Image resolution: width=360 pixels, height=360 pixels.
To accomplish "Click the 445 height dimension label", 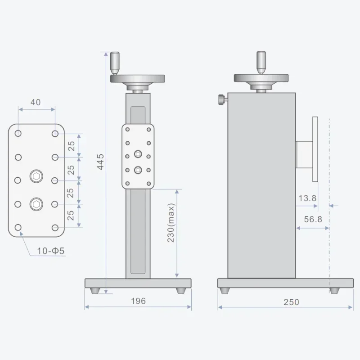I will tap(100, 162).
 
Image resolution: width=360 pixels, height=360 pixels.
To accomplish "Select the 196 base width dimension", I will tap(138, 301).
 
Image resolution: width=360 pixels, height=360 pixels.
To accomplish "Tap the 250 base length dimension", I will tap(291, 302).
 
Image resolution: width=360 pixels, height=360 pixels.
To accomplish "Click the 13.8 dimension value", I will tap(307, 198).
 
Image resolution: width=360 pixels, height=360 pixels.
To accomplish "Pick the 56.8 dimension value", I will tap(313, 219).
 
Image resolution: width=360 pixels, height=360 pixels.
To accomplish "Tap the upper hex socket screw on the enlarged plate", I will tap(36, 176).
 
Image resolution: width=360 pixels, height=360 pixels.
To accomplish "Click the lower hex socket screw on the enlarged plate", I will tap(36, 204).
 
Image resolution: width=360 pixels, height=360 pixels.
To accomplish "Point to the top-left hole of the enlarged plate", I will tap(18, 133).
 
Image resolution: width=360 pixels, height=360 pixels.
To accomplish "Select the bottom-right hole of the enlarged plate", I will tap(55, 227).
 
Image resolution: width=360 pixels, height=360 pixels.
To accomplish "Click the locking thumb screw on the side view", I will tap(222, 98).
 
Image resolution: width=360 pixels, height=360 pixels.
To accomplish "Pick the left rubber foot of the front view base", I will tap(95, 291).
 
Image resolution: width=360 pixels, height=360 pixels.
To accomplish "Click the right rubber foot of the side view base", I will tap(334, 291).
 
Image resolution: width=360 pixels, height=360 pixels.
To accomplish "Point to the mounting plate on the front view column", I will tap(138, 156).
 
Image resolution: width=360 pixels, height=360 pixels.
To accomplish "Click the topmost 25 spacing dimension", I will tap(71, 145).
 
